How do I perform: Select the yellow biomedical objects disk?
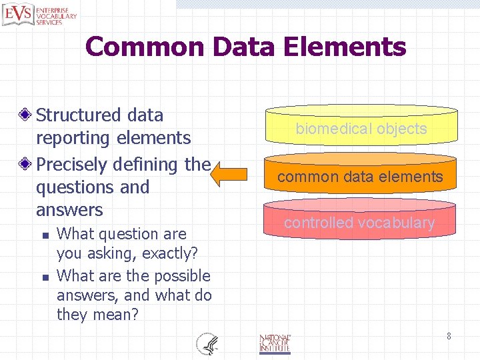[x=361, y=127]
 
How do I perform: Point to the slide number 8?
[x=449, y=336]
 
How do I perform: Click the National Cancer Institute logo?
[x=275, y=343]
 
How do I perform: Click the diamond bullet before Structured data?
[x=27, y=115]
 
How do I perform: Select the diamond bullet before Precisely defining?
[x=27, y=165]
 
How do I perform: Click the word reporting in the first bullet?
[x=74, y=138]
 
